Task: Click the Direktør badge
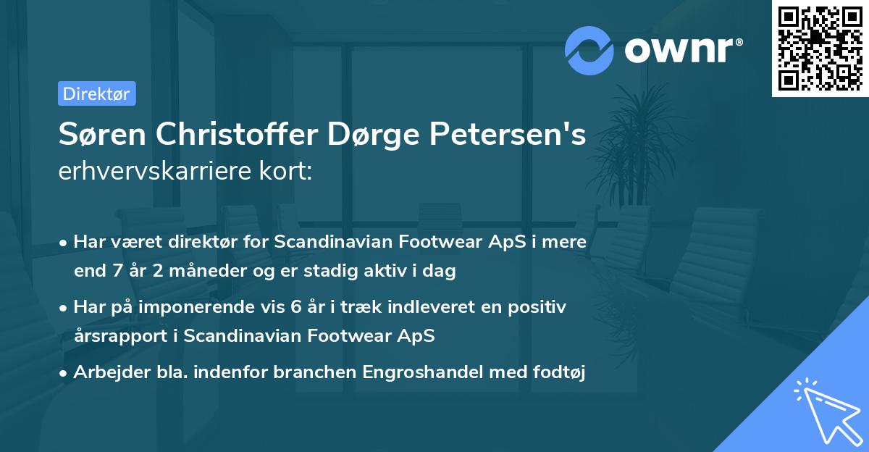(96, 93)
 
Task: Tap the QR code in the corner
(820, 49)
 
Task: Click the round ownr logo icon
(589, 50)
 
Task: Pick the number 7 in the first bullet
(112, 272)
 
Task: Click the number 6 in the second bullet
(295, 307)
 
